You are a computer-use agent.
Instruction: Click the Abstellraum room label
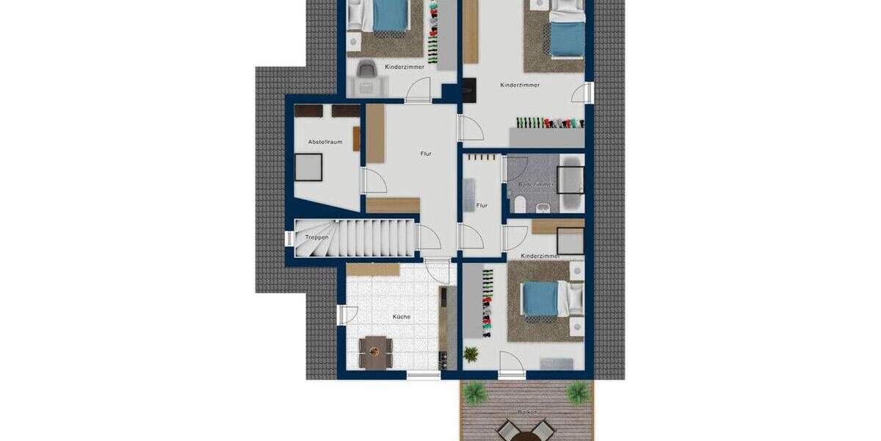tap(325, 142)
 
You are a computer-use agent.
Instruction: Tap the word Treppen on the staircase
tap(316, 237)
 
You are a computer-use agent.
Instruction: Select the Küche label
tap(401, 317)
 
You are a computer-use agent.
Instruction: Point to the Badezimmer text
tap(536, 184)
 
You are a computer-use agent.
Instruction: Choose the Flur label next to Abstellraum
tap(426, 154)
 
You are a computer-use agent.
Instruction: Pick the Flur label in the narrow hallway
tap(482, 206)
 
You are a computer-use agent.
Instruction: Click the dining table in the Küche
tap(375, 351)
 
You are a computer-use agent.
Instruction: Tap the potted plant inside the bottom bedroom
tap(471, 354)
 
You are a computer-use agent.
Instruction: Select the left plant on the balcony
tap(475, 392)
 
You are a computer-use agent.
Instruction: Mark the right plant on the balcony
tap(578, 391)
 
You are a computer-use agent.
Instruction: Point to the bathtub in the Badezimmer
tap(571, 184)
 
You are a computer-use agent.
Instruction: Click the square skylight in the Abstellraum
tap(308, 168)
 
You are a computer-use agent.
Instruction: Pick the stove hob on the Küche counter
tap(443, 359)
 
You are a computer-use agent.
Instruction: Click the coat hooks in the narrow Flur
tap(482, 157)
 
